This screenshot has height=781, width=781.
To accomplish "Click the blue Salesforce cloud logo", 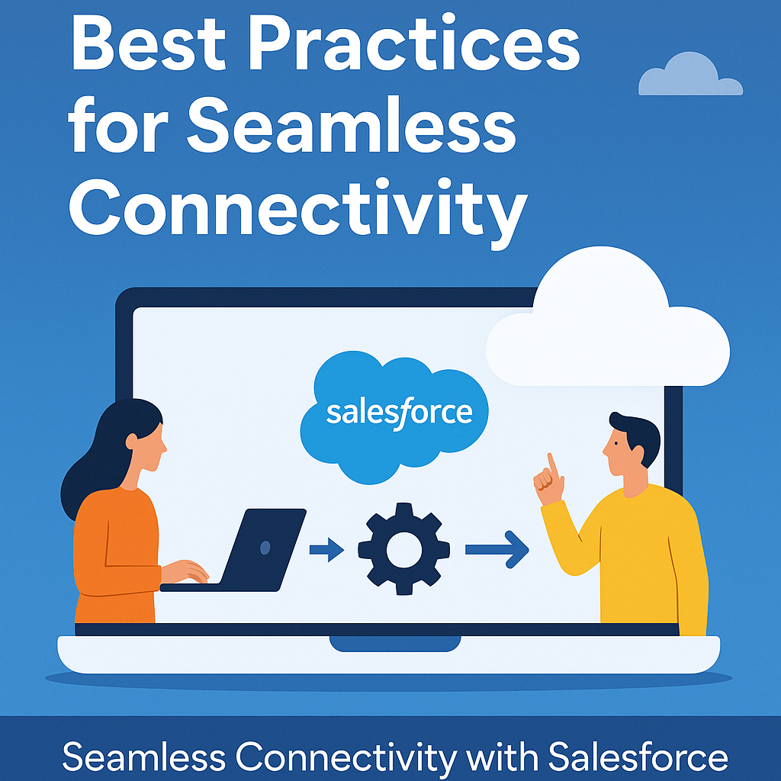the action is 394,416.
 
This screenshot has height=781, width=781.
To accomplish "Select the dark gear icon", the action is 404,549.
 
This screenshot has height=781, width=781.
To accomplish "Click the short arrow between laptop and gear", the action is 326,549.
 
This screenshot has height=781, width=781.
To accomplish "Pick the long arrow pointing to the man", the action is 497,549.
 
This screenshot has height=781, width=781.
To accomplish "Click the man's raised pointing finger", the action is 551,464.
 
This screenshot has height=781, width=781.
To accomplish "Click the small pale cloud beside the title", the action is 690,74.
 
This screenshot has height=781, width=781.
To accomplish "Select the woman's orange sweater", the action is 114,555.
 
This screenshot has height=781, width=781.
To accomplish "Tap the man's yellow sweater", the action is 642,558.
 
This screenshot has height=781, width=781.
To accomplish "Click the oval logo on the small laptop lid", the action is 265,548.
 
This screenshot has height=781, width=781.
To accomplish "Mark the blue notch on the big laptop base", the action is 395,644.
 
